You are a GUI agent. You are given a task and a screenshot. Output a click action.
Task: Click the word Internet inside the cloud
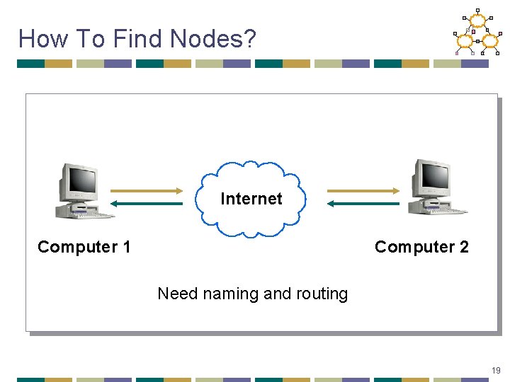coord(251,199)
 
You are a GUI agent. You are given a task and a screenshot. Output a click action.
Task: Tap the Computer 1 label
coord(84,247)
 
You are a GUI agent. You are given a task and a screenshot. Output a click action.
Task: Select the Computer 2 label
coord(421,247)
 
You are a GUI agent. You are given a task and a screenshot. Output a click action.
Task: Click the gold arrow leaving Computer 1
coord(147,190)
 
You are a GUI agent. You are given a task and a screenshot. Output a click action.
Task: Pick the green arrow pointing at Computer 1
coord(147,204)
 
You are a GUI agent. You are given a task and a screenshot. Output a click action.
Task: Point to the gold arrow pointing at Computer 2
coord(363,190)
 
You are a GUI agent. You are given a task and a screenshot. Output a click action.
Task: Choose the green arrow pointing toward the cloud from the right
coord(363,204)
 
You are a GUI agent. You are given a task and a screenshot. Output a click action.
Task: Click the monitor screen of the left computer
coord(83,181)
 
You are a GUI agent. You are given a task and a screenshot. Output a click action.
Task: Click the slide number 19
coord(495,371)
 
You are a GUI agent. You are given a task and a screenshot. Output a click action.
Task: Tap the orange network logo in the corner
coord(476,33)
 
